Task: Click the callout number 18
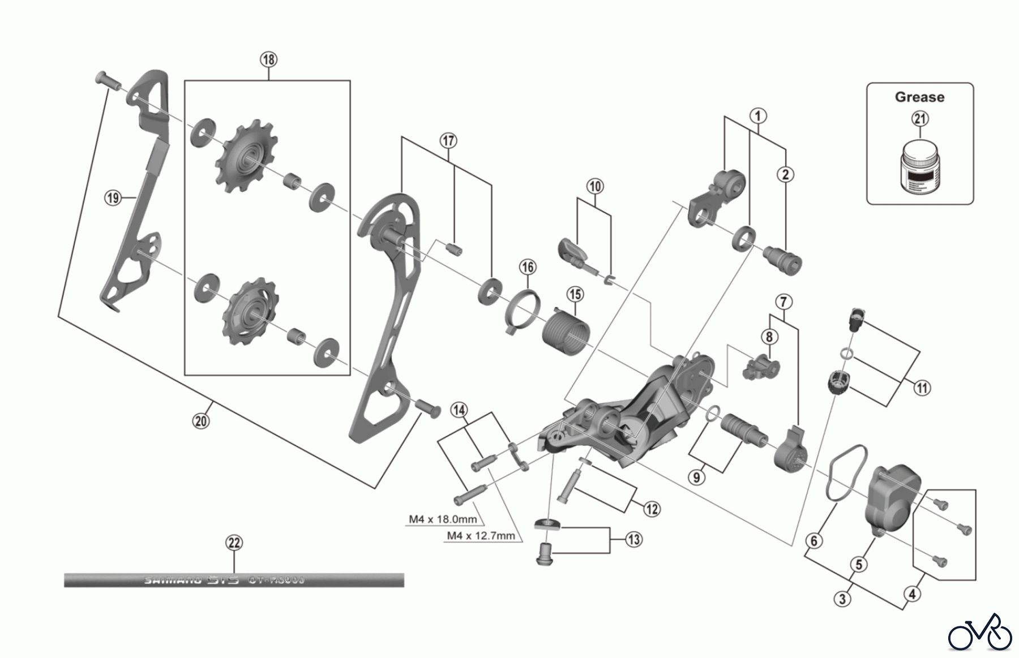pyautogui.click(x=268, y=59)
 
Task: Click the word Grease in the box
pyautogui.click(x=919, y=97)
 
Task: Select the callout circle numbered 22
pyautogui.click(x=234, y=543)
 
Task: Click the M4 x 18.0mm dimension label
pyautogui.click(x=443, y=519)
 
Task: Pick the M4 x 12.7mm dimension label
pyautogui.click(x=481, y=535)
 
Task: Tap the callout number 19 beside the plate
pyautogui.click(x=113, y=198)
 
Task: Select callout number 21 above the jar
pyautogui.click(x=920, y=119)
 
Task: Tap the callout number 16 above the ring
pyautogui.click(x=528, y=267)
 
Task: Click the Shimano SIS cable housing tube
pyautogui.click(x=234, y=580)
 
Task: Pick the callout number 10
pyautogui.click(x=595, y=186)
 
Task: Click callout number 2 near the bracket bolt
pyautogui.click(x=785, y=174)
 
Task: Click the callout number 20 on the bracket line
pyautogui.click(x=201, y=421)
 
